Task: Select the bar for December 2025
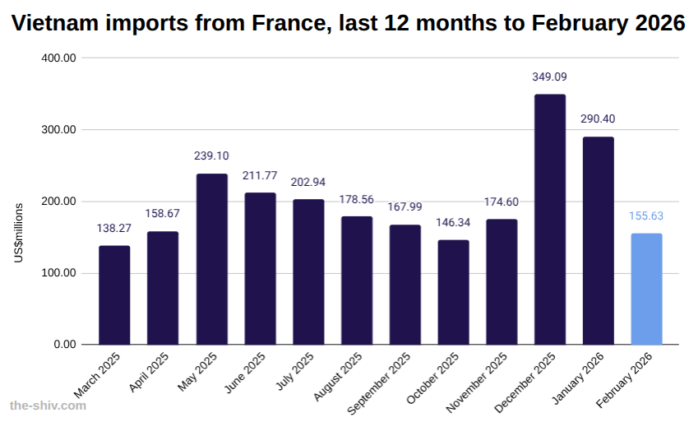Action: [x=550, y=220]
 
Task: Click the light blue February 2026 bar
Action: [x=646, y=289]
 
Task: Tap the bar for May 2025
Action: [x=211, y=259]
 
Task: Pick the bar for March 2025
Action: [x=114, y=294]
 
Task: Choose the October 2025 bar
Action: [x=453, y=292]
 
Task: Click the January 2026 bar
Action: [x=599, y=240]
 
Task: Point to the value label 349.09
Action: [x=550, y=77]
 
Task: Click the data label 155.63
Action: [x=646, y=216]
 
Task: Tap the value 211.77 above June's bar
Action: [x=260, y=175]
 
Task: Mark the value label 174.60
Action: [x=502, y=202]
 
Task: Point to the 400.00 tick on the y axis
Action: [x=58, y=58]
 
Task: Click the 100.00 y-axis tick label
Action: [x=58, y=273]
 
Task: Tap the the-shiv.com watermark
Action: [x=47, y=406]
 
